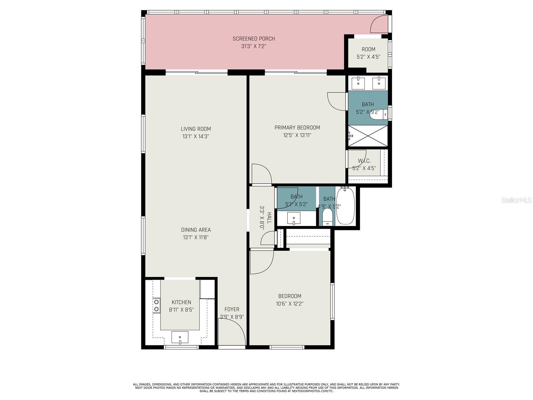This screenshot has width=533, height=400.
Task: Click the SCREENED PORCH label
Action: point(254,39)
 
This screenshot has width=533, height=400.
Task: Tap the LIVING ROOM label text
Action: point(196,129)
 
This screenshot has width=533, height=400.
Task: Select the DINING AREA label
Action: point(196,230)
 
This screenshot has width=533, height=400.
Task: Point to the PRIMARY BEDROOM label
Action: point(297,128)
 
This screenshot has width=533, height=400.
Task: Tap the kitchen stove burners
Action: point(157,306)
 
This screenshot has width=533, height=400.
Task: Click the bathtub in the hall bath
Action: point(345,205)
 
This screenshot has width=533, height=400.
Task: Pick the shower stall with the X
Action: point(368,136)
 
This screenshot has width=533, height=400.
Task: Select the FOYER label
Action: point(232,309)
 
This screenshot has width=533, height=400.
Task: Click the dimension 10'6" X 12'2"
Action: point(290,304)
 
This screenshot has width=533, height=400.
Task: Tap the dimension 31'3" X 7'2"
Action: point(254,46)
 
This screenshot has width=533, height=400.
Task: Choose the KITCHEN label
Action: point(182,302)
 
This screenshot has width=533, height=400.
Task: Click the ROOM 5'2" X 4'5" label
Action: point(368,53)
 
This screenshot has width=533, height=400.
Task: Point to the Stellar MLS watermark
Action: point(516,200)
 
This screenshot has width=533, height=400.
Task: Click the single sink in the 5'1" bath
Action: point(294,218)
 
